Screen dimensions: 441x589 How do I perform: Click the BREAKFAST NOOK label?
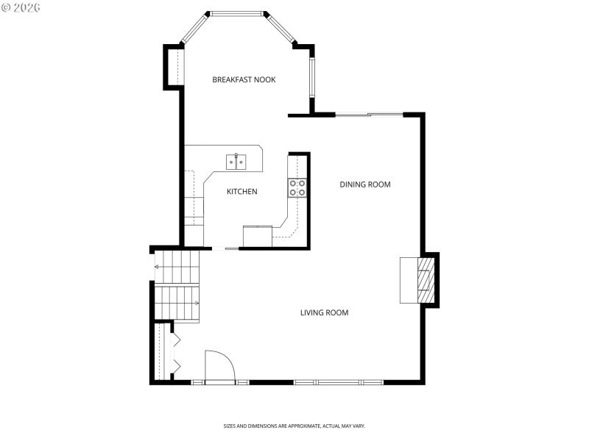point(244,79)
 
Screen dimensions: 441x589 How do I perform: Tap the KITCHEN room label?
point(241,192)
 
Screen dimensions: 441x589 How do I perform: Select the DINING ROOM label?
point(364,184)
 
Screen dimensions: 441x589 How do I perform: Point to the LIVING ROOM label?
point(324,313)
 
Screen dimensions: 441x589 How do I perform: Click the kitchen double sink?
point(236,160)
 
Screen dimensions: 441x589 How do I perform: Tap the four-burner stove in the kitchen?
point(297,188)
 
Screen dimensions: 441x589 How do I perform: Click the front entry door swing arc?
point(219,365)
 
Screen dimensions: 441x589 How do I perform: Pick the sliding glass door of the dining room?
point(369,114)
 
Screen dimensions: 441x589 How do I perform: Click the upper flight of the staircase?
point(177,266)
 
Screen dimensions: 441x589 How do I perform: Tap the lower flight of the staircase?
point(177,303)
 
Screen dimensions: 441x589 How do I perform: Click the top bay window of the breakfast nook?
point(237,13)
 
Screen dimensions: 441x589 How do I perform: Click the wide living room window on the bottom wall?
point(338,382)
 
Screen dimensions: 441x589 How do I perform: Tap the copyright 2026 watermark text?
point(21,7)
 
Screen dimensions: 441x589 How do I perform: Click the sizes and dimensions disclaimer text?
point(294,426)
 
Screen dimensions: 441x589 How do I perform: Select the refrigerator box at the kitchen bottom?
point(257,236)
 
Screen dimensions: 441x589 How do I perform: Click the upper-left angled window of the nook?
point(195,29)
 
